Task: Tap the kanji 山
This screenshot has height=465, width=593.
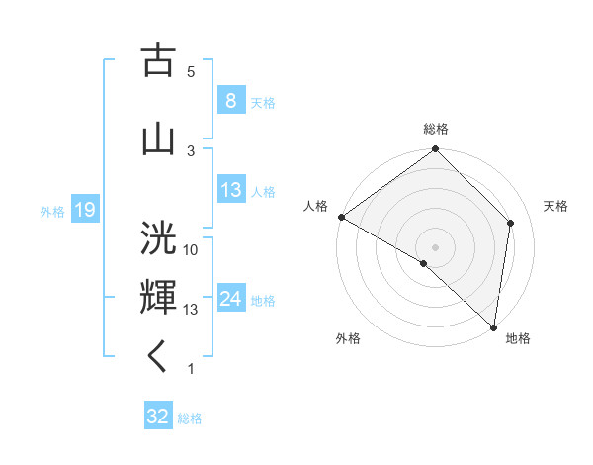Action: (x=158, y=138)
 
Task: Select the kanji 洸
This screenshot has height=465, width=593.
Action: (x=158, y=238)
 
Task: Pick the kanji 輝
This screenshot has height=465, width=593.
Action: (x=158, y=297)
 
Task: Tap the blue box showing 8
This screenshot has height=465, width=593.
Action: (x=230, y=102)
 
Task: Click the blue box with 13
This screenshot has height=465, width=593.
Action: (x=230, y=190)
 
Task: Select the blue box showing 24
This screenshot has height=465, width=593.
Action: (x=230, y=299)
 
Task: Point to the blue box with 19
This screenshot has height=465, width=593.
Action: (x=84, y=210)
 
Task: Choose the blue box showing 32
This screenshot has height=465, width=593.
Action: (x=158, y=417)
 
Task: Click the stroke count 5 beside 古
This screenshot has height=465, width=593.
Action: (x=190, y=72)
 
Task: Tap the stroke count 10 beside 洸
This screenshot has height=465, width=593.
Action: (x=190, y=249)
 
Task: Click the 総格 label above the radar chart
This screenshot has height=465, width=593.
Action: (x=435, y=129)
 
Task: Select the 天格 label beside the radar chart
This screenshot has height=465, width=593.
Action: (x=555, y=206)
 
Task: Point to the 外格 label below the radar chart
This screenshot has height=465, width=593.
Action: (x=347, y=339)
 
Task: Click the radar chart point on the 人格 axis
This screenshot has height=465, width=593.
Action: (x=341, y=217)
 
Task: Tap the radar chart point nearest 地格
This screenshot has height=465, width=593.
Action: (x=493, y=326)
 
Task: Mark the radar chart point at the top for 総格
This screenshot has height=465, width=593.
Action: (x=435, y=150)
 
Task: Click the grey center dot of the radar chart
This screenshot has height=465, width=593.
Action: (x=435, y=246)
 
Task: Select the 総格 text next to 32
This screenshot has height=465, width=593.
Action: (x=190, y=418)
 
